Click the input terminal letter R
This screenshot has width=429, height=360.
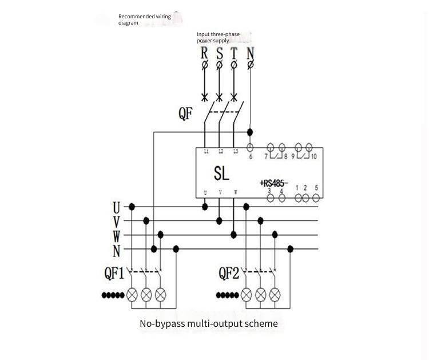(x=204, y=54)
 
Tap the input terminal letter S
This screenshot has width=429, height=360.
(x=220, y=54)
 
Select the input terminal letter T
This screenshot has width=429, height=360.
(x=233, y=54)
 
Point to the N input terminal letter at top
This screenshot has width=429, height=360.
(x=251, y=54)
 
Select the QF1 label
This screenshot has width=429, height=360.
(x=114, y=274)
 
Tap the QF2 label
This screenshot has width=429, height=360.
(x=229, y=274)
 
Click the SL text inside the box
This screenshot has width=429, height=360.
(x=222, y=173)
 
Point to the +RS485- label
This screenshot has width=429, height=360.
(x=274, y=183)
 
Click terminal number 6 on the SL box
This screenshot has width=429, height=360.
(x=251, y=156)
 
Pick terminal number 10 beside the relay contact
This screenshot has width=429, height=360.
(x=313, y=156)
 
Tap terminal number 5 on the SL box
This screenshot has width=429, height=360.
(x=316, y=188)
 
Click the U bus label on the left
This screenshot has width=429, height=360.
(x=116, y=207)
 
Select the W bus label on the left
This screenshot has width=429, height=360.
(x=116, y=235)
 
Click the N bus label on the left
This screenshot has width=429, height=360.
(x=116, y=250)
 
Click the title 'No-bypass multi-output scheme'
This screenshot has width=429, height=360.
(x=209, y=323)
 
